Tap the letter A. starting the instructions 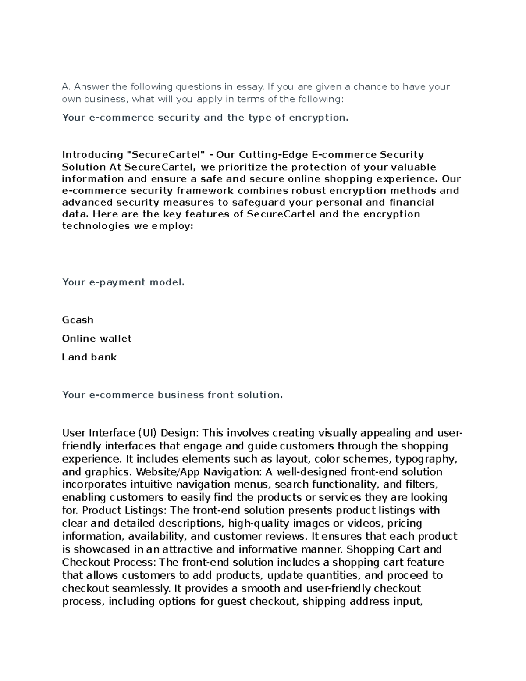[x=66, y=87]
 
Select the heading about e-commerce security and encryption [x=205, y=118]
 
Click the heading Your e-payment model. [x=123, y=282]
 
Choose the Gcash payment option [x=78, y=320]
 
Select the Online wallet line [x=96, y=339]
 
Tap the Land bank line [x=89, y=357]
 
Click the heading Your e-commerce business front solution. [x=172, y=395]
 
